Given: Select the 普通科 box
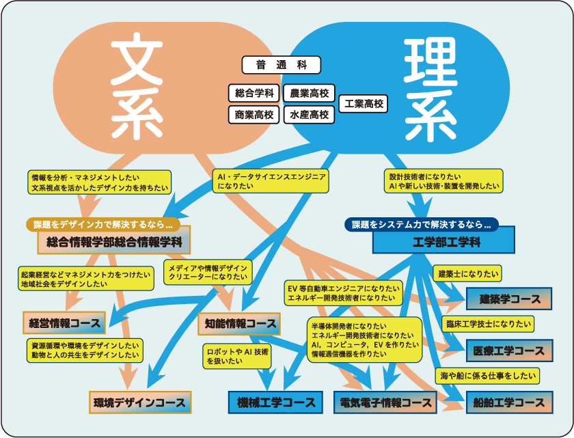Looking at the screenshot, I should click(x=281, y=66).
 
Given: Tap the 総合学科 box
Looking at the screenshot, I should click(x=254, y=93).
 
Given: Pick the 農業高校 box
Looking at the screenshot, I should click(x=309, y=93).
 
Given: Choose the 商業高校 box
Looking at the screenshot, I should click(x=254, y=115).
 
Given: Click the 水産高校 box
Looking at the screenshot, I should click(x=309, y=115).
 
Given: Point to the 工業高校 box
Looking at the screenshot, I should click(x=364, y=104).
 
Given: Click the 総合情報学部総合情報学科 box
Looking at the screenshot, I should click(x=113, y=241).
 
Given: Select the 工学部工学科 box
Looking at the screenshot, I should click(x=443, y=242).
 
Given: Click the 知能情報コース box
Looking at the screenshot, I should click(x=238, y=323).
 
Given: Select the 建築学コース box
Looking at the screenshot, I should click(x=510, y=299).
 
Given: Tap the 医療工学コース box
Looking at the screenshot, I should click(x=509, y=351).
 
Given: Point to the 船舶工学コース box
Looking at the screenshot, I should click(x=509, y=402).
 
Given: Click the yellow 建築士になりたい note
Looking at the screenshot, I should click(x=468, y=273).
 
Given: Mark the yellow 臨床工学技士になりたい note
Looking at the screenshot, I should click(x=489, y=324).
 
